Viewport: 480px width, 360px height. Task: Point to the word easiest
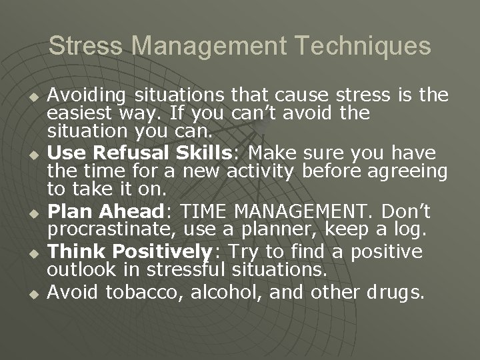click(x=77, y=112)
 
